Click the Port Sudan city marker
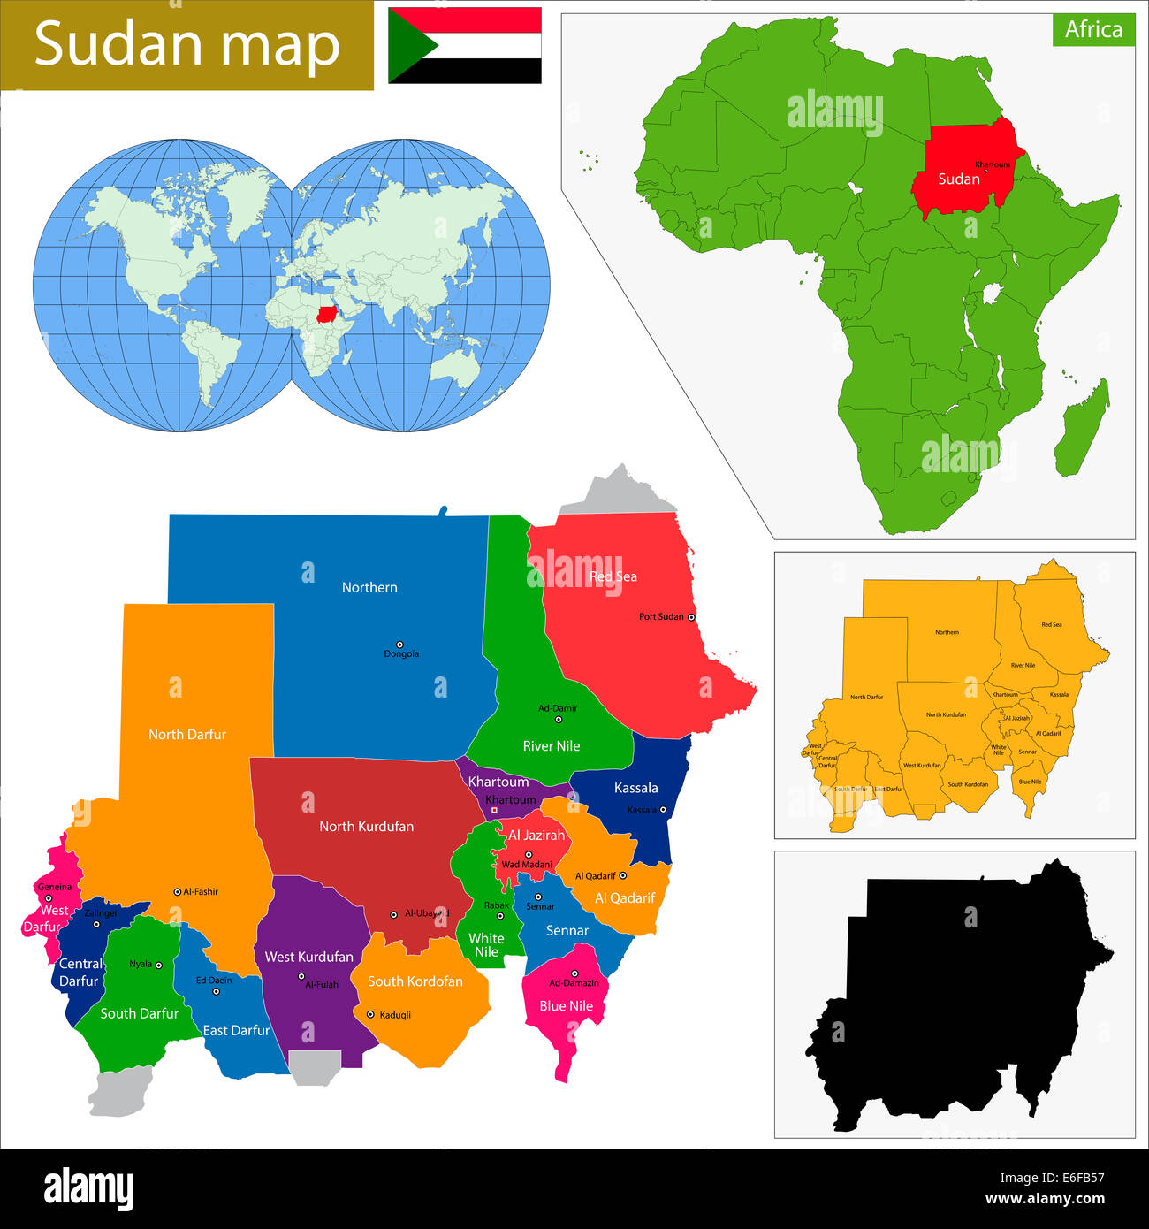(x=691, y=617)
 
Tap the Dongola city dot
(x=399, y=645)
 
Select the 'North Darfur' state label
(x=187, y=735)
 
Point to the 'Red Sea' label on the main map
(x=613, y=576)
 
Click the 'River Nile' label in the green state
(x=552, y=746)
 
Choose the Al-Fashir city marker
(x=177, y=892)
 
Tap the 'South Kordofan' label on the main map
(x=415, y=981)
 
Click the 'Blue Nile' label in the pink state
(x=566, y=1006)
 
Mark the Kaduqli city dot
(x=370, y=1014)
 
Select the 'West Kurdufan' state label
(x=308, y=957)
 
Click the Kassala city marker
(x=663, y=810)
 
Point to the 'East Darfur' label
(x=236, y=1031)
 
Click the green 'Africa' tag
(x=1093, y=30)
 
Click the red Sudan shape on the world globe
(x=328, y=313)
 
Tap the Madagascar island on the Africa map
(x=1083, y=429)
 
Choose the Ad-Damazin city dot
(x=574, y=973)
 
